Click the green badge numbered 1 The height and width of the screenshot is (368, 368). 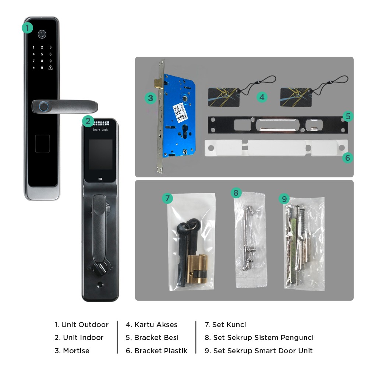pyautogui.click(x=28, y=28)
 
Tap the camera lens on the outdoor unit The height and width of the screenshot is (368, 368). pyautogui.click(x=42, y=35)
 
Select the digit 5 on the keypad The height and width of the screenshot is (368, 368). pyautogui.click(x=42, y=54)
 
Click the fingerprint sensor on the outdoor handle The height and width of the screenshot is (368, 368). pyautogui.click(x=44, y=107)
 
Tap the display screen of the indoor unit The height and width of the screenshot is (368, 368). pyautogui.click(x=100, y=154)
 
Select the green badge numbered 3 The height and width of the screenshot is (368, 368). pyautogui.click(x=150, y=98)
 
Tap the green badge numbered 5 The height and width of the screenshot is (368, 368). pyautogui.click(x=348, y=117)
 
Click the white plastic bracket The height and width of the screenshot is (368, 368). pyautogui.click(x=276, y=148)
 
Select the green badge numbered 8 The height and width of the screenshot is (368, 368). pyautogui.click(x=236, y=193)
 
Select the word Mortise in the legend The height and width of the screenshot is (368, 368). pyautogui.click(x=76, y=351)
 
